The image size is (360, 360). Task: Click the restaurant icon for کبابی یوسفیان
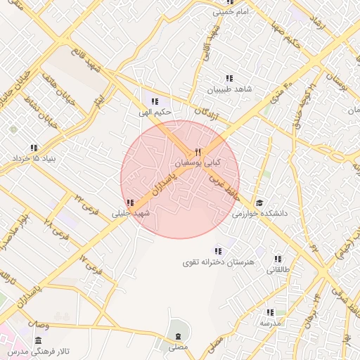[198, 152]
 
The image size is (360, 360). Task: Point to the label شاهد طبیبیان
[229, 90]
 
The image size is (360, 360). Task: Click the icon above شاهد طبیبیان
[229, 78]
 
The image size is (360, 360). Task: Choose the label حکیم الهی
[155, 112]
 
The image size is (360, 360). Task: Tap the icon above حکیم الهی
[155, 101]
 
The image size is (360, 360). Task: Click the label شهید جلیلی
[131, 213]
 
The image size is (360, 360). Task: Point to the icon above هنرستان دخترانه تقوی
[218, 250]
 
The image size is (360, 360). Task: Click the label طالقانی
[277, 269]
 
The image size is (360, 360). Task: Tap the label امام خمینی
[229, 12]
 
